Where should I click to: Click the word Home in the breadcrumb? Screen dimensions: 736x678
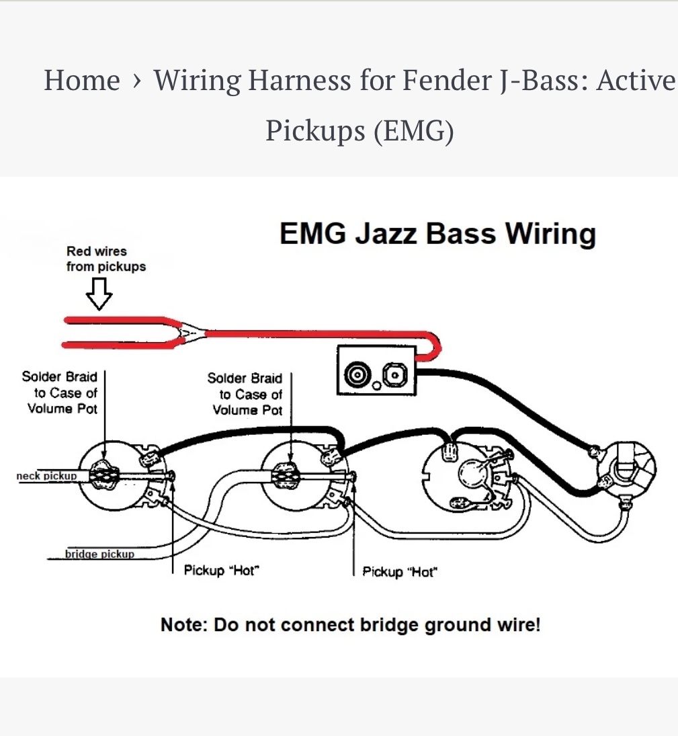click(81, 80)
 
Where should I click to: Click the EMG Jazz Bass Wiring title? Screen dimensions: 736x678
click(437, 233)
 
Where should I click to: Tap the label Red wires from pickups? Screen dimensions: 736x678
click(105, 259)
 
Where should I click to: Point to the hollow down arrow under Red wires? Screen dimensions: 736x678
click(99, 294)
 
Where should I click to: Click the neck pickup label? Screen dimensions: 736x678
click(46, 476)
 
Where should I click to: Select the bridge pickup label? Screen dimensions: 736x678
click(99, 554)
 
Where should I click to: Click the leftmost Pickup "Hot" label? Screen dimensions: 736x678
click(221, 570)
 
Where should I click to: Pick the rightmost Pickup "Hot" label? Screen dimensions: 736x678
click(399, 572)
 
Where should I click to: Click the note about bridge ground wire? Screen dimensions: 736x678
click(350, 624)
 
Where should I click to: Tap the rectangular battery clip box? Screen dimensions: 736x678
click(377, 370)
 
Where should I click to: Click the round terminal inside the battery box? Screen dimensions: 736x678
click(355, 373)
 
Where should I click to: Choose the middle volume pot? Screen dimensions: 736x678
click(294, 477)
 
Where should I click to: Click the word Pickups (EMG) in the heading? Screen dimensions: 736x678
click(359, 130)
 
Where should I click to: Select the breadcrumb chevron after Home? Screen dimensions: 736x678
click(137, 81)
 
